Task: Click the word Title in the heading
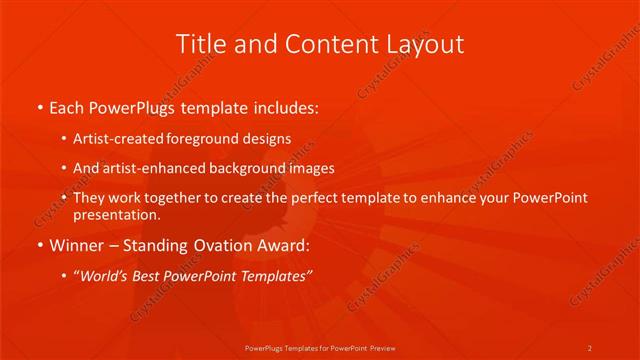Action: [x=200, y=44]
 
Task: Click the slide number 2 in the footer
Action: [x=589, y=347]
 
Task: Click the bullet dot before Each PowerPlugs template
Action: [x=39, y=106]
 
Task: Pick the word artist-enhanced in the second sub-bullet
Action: [x=150, y=169]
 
